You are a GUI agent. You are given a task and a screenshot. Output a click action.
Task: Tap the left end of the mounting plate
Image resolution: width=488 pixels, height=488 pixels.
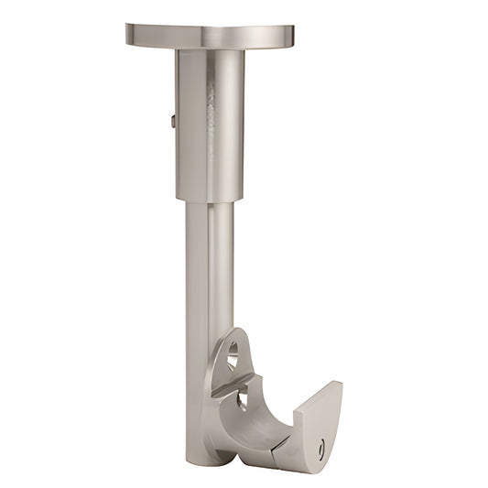click(x=130, y=35)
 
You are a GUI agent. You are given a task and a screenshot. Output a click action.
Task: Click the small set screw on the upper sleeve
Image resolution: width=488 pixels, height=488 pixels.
click(x=173, y=120)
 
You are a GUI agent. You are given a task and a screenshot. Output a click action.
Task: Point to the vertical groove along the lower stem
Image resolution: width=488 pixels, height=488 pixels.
click(x=209, y=275)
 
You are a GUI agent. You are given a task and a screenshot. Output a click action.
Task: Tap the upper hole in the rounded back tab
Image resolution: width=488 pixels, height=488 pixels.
click(x=233, y=351)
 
